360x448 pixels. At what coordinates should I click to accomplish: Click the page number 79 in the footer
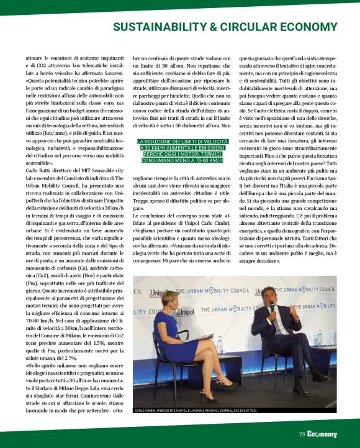(x=302, y=434)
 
